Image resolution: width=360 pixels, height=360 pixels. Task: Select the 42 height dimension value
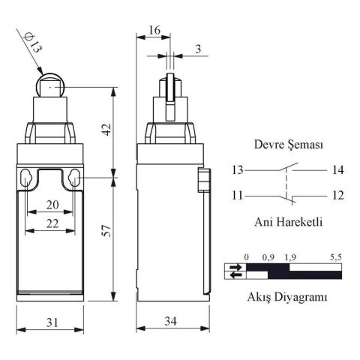pos(107,129)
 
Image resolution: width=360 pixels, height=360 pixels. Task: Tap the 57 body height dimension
pos(107,235)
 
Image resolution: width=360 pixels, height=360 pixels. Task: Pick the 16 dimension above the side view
pos(153,29)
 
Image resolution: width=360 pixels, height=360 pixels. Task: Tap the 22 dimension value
pos(51,223)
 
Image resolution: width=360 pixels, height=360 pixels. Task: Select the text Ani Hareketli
pos(289,221)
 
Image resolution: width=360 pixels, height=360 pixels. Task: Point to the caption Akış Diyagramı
pos(288,297)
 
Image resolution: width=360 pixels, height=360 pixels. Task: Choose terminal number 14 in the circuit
pos(337,170)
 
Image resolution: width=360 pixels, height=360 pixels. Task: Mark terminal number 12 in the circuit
pos(337,196)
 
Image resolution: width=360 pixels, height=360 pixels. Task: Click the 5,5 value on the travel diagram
pos(335,257)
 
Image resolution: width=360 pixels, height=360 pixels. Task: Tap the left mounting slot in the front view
pos(27,180)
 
